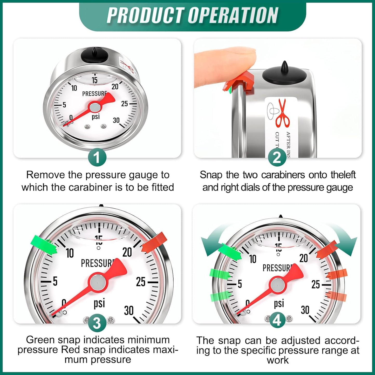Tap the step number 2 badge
[x=277, y=157]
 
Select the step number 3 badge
[x=97, y=323]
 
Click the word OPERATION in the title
[x=233, y=16]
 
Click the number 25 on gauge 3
[x=141, y=282]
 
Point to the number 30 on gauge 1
[x=116, y=120]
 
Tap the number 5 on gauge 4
[x=240, y=284]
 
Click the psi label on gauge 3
[x=99, y=303]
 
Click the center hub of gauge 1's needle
[x=94, y=107]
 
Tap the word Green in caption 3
[x=40, y=340]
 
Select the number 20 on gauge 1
[x=115, y=87]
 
